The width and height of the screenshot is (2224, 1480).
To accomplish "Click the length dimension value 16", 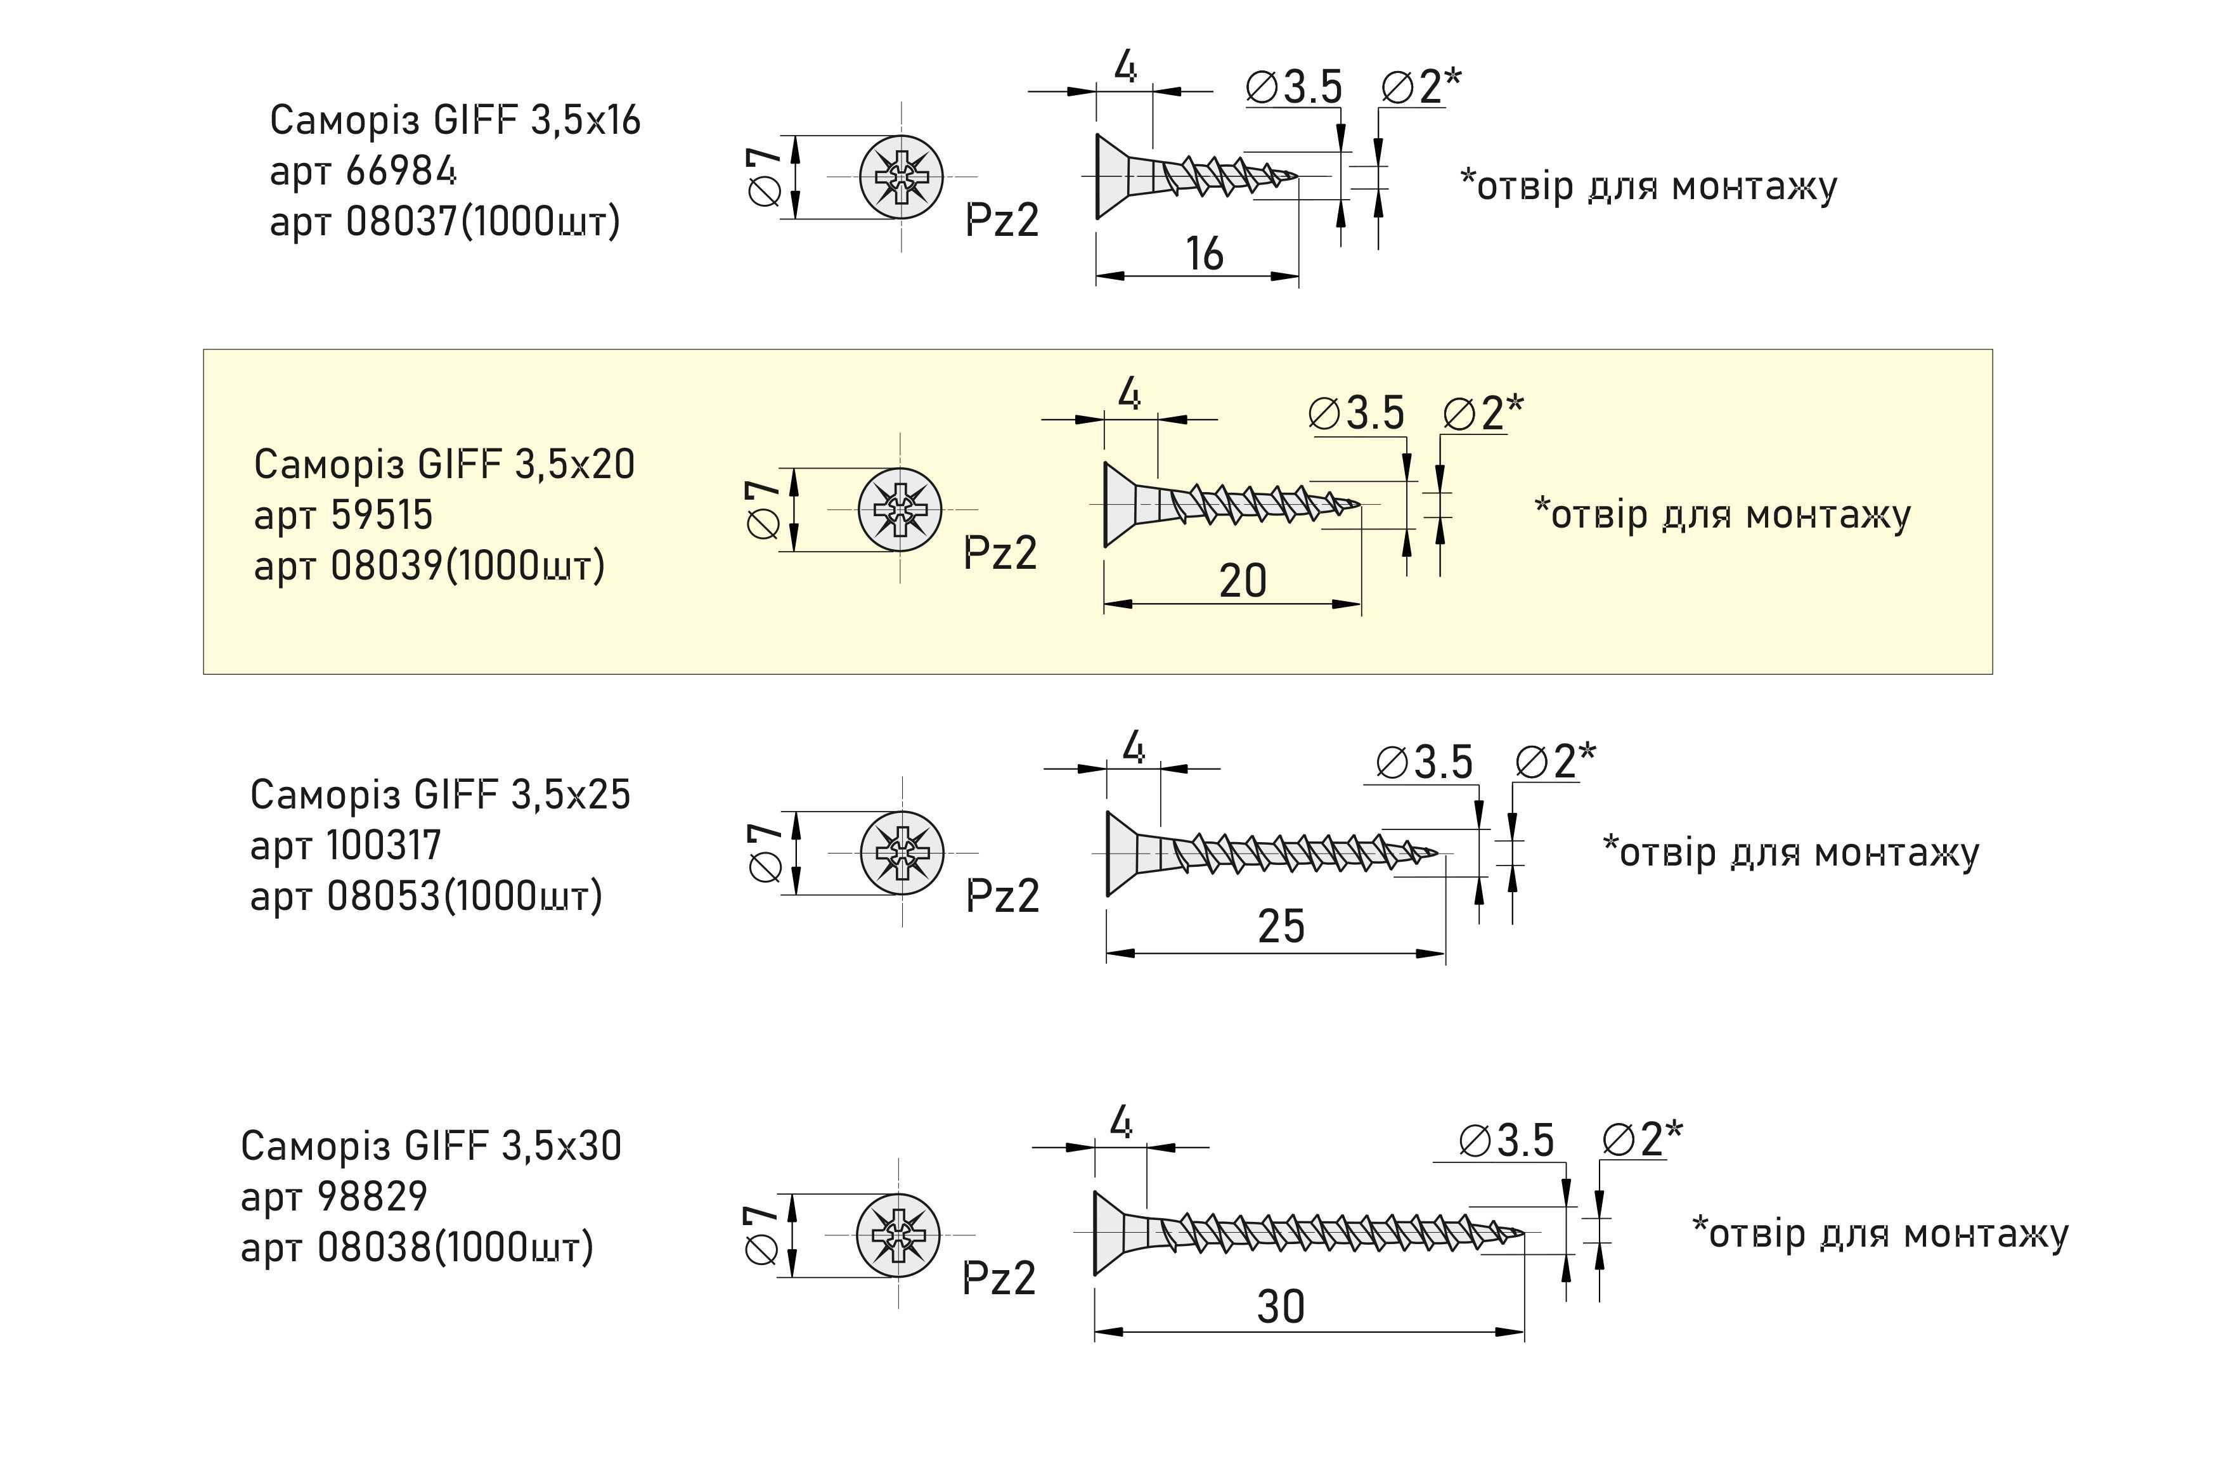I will (1204, 254).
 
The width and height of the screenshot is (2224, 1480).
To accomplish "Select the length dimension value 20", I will (1242, 580).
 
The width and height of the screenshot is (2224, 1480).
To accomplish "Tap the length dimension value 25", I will (1281, 926).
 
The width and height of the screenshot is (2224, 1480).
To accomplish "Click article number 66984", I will (401, 171).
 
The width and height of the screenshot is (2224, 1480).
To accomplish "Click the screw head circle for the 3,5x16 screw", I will (901, 176).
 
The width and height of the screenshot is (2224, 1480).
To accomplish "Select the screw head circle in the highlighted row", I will (899, 509).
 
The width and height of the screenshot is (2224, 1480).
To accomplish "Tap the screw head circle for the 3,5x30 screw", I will (897, 1235).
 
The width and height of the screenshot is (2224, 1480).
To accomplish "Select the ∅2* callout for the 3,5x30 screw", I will (1642, 1139).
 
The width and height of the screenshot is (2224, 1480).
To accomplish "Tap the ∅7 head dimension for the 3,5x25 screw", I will (765, 852).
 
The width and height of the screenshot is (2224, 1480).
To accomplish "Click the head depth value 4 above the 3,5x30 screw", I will (1121, 1123).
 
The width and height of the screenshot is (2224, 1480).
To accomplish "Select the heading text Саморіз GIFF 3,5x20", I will (444, 464).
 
